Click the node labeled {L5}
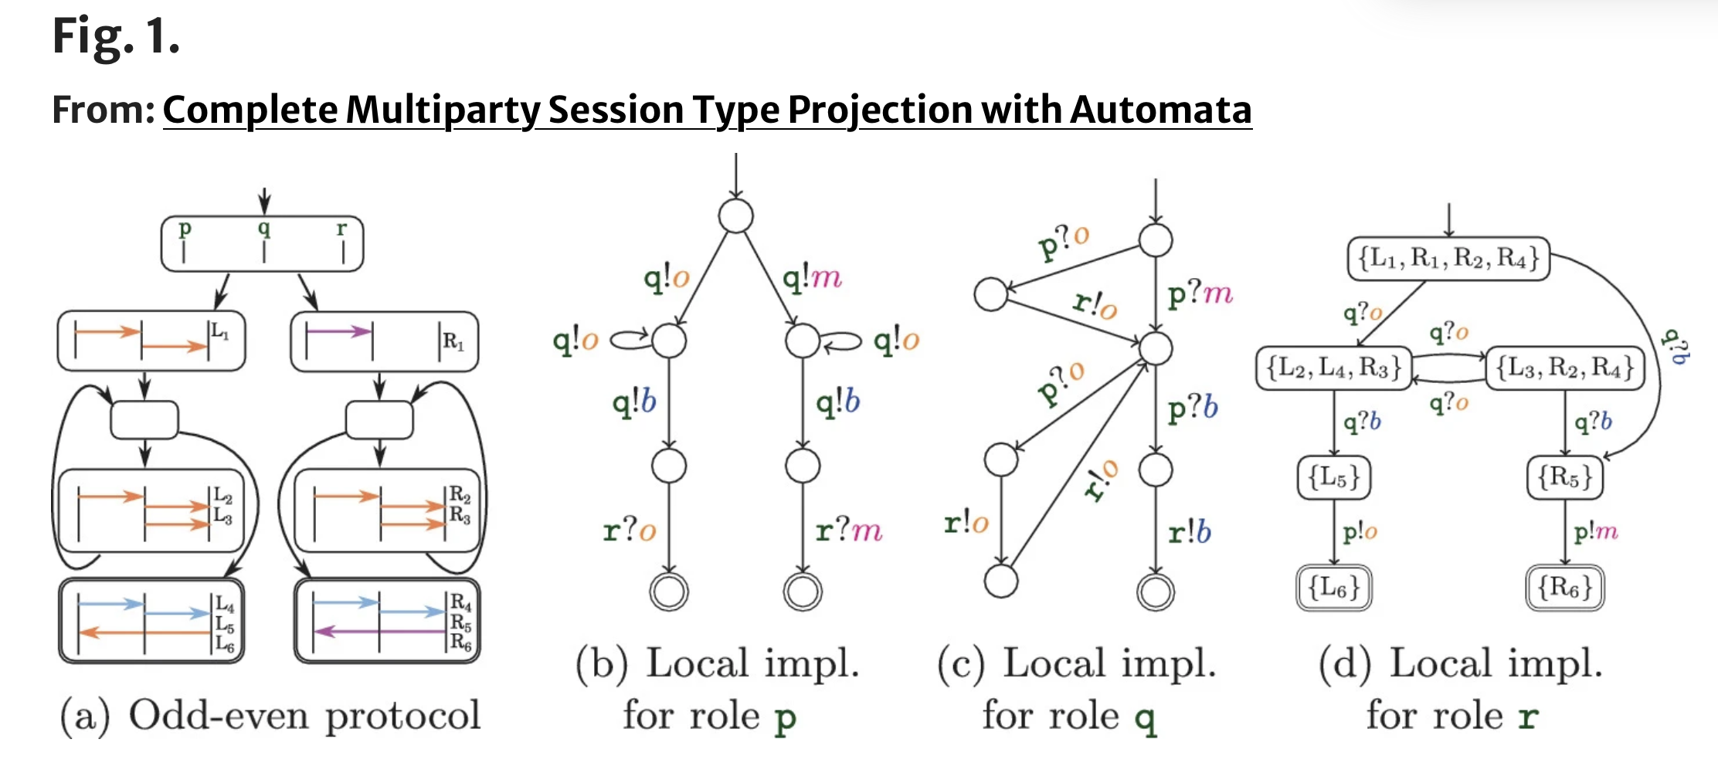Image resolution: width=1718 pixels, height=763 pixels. click(x=1334, y=478)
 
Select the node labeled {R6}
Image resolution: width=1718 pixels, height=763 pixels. click(x=1565, y=588)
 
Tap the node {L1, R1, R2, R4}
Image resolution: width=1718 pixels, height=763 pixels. click(x=1449, y=258)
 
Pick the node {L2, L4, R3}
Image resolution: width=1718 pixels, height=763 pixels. click(x=1334, y=368)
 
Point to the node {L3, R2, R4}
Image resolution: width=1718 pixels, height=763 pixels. click(x=1565, y=368)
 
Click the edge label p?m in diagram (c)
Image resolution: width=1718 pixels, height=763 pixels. click(x=1200, y=293)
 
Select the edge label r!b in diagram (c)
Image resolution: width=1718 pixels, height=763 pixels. click(x=1190, y=532)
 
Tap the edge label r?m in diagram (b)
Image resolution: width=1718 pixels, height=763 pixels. click(x=848, y=531)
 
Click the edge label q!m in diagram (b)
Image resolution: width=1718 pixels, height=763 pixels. click(x=811, y=277)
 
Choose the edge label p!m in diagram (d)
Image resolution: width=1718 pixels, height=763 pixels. click(x=1595, y=531)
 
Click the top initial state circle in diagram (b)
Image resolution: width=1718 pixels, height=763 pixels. click(x=735, y=215)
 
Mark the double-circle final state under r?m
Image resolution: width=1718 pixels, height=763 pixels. click(x=803, y=592)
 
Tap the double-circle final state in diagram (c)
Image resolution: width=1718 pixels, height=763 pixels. click(x=1156, y=592)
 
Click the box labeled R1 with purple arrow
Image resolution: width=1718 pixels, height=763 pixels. click(x=384, y=341)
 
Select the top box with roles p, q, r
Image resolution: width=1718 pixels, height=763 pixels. click(x=263, y=243)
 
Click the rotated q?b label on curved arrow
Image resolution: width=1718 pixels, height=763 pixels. click(x=1675, y=347)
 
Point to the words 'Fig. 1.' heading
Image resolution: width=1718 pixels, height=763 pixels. click(x=116, y=36)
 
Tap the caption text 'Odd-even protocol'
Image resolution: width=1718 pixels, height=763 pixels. click(x=304, y=715)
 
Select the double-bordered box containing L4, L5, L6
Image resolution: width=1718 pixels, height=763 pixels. click(x=152, y=621)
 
